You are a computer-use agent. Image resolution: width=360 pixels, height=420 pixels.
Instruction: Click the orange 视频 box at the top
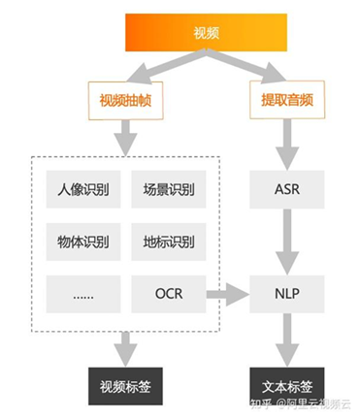206,33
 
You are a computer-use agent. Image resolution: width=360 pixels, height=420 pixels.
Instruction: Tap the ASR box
286,187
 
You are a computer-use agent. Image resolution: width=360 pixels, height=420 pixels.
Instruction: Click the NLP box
286,292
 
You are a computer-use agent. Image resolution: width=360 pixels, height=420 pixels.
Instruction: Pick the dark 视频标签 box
125,385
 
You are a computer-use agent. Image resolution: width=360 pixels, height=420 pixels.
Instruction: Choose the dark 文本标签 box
286,385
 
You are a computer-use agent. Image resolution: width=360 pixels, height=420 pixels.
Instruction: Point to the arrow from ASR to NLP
286,240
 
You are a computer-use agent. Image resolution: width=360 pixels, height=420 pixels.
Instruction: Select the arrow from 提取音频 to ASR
286,144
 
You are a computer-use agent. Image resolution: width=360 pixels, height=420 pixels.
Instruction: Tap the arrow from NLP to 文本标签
286,339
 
